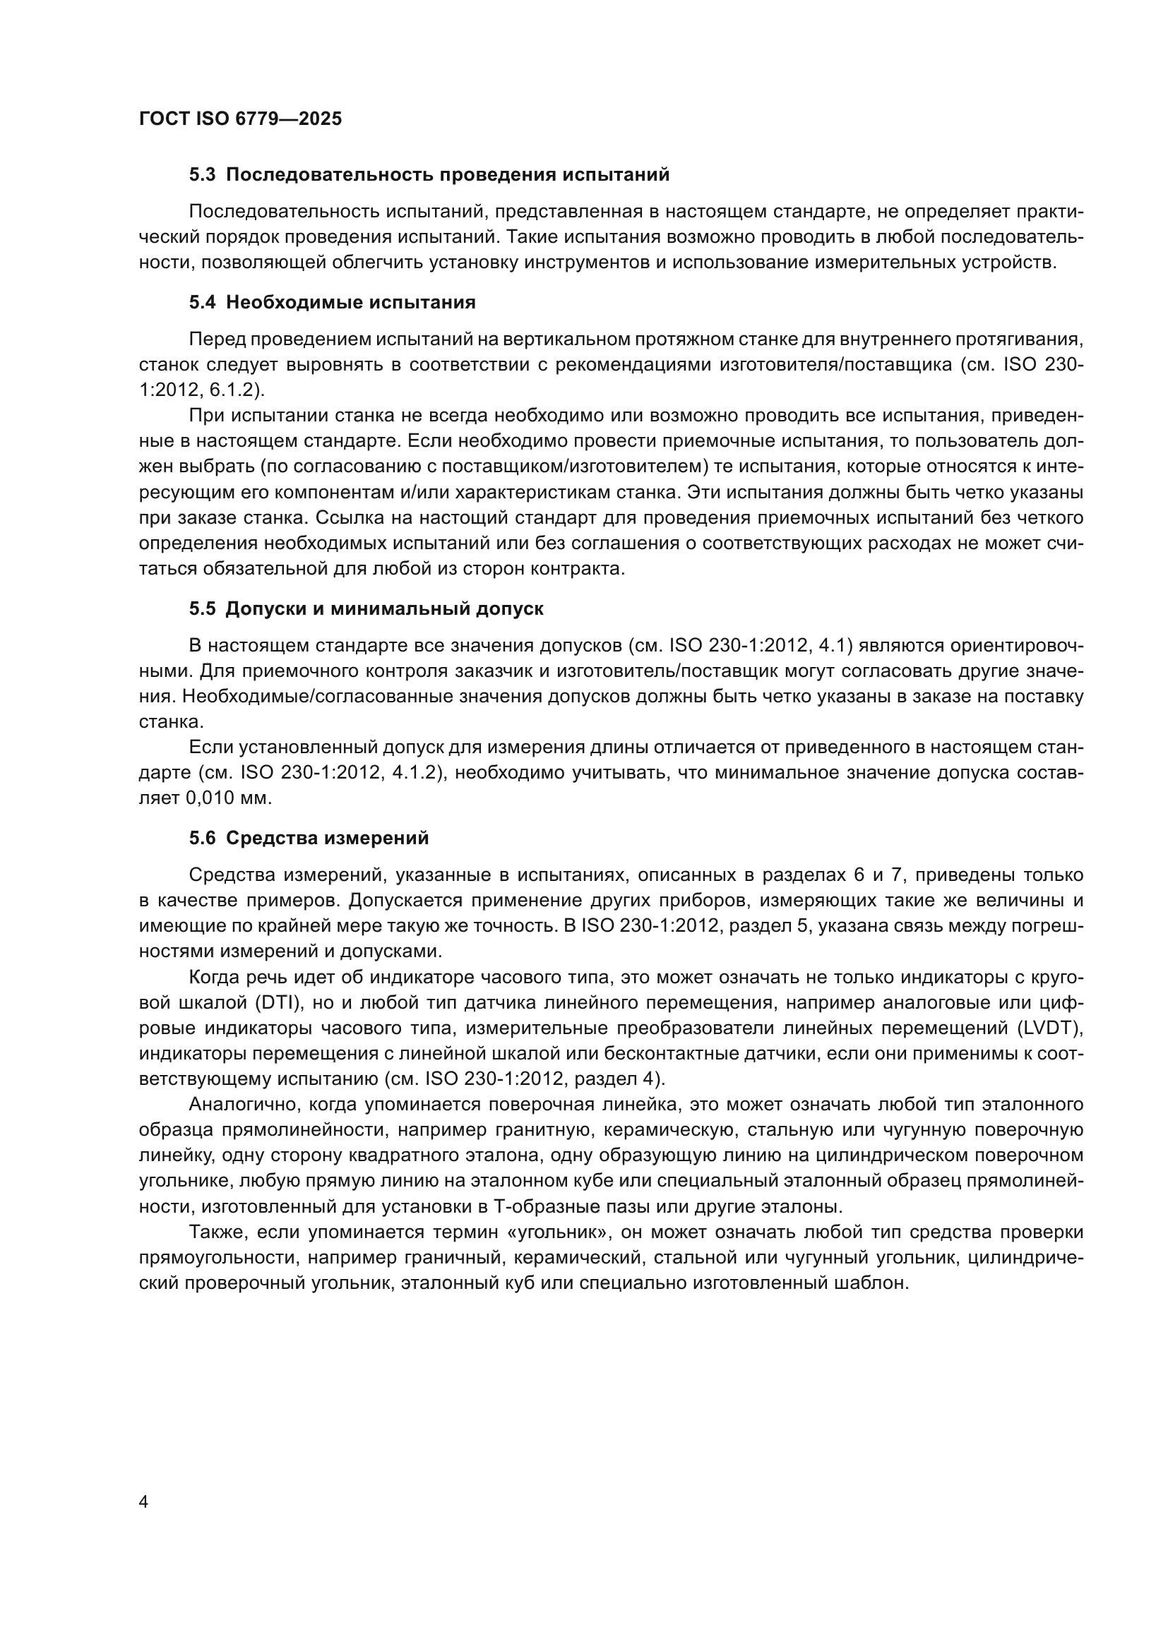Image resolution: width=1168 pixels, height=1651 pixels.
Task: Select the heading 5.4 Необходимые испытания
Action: click(333, 302)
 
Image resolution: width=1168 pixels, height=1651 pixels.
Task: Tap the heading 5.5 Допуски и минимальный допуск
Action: click(366, 608)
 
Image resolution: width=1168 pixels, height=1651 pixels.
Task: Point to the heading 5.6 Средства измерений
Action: click(309, 838)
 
